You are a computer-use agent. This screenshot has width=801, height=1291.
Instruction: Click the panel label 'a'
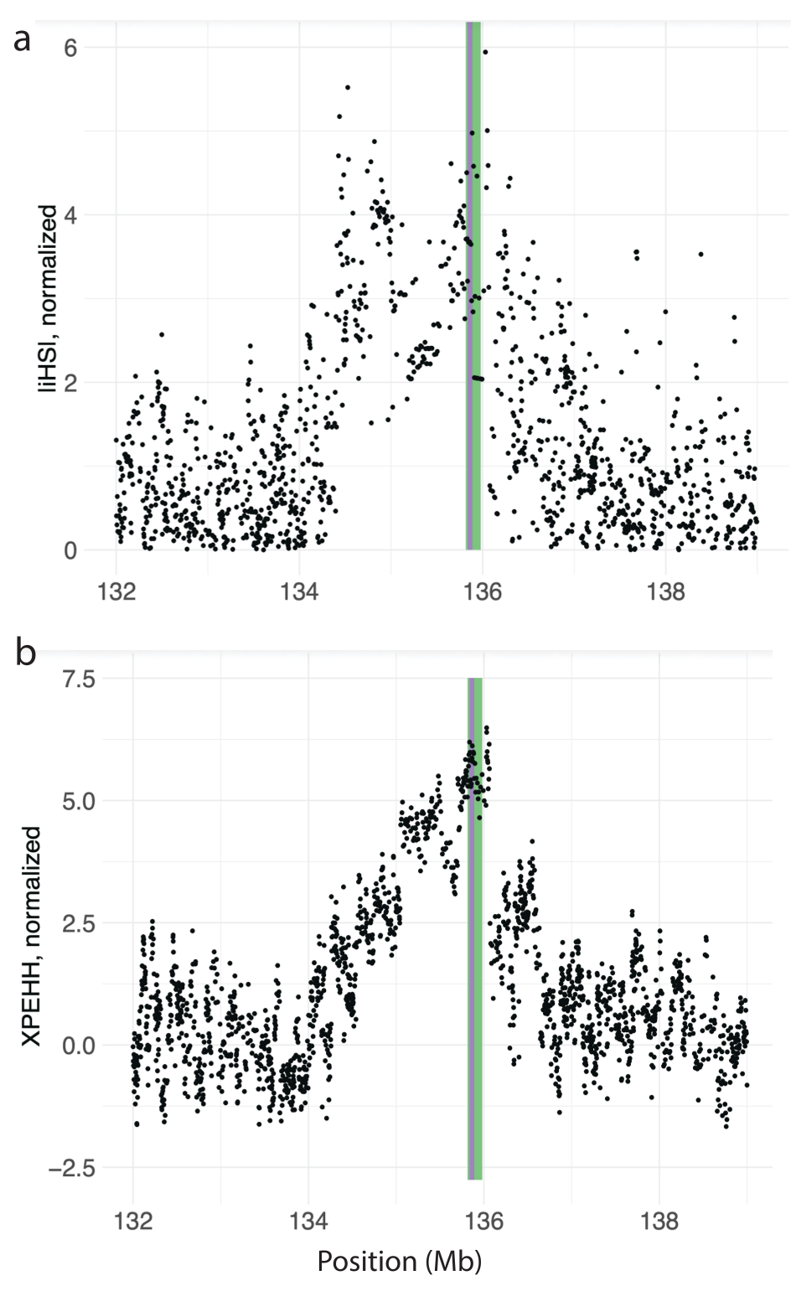click(23, 39)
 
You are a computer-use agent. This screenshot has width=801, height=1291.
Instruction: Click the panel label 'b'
click(25, 653)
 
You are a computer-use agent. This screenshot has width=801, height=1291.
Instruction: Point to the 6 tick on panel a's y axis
click(70, 48)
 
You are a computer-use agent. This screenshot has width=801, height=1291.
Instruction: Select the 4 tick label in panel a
click(70, 215)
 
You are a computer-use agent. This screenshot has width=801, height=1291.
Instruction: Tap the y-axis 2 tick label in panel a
click(70, 383)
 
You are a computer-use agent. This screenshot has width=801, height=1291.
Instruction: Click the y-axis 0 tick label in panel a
click(70, 550)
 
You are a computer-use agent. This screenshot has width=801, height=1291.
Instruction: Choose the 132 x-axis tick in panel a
click(116, 591)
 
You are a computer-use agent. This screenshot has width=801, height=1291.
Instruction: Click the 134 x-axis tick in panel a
click(299, 591)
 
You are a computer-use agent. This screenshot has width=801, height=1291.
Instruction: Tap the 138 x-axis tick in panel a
click(666, 591)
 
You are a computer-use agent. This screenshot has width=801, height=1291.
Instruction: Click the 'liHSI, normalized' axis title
click(49, 299)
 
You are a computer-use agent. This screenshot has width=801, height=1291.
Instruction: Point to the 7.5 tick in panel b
click(79, 678)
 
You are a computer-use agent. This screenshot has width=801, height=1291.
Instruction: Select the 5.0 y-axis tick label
click(79, 800)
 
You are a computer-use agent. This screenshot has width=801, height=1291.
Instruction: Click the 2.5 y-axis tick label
click(79, 923)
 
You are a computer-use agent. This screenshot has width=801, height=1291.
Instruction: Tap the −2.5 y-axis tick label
click(72, 1168)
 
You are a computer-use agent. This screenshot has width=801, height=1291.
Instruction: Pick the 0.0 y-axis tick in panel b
click(79, 1046)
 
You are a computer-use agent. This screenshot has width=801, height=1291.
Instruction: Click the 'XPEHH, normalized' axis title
click(31, 936)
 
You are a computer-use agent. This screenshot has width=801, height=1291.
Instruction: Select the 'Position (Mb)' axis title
click(400, 1261)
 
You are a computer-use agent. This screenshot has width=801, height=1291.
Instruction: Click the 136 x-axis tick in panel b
click(483, 1221)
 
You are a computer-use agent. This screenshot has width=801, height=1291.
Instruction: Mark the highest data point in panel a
click(485, 52)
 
